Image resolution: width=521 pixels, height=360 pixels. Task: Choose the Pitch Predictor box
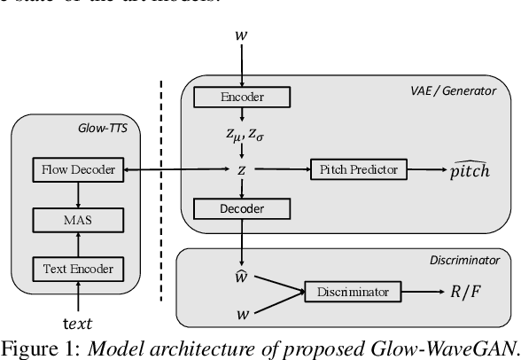coord(358,168)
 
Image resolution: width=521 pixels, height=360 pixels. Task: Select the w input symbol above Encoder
coord(240,35)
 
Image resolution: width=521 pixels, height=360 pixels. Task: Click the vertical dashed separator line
coord(161,191)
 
